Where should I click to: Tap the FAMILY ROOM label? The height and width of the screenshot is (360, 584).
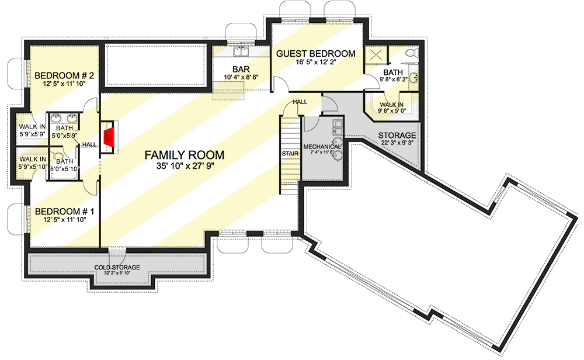pos(185,155)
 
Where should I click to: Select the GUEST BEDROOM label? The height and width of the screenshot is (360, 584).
pos(315,54)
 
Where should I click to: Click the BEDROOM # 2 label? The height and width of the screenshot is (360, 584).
pos(60,75)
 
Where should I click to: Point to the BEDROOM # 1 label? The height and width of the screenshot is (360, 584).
pos(60,211)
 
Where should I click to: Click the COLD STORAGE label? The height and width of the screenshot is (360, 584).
pos(117,267)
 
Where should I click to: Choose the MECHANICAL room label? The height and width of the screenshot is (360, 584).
pos(322,146)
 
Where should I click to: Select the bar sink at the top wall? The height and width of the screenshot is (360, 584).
pos(240,53)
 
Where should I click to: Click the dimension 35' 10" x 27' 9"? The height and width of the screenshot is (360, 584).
pos(185,167)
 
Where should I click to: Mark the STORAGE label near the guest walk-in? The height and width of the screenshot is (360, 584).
pos(397,136)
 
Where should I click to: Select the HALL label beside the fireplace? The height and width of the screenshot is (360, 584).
pos(89,145)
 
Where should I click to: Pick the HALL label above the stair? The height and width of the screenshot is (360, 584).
pos(300,102)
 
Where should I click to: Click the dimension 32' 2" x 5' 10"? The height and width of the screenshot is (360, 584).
pos(117,273)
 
